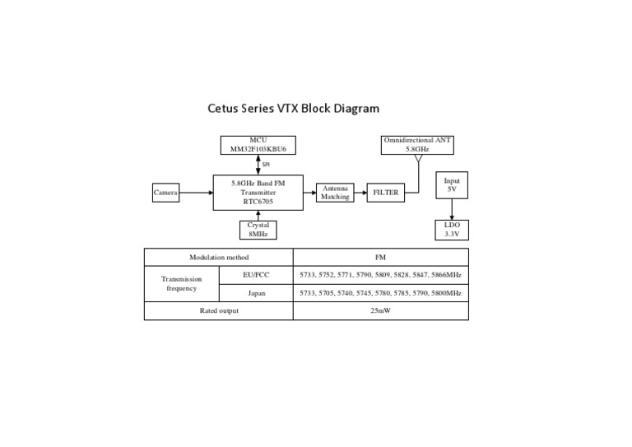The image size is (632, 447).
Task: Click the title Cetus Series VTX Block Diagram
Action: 293,108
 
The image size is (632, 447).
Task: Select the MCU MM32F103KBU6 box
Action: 258,145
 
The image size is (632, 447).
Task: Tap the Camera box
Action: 165,193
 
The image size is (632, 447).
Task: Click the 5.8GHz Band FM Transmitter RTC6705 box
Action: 258,193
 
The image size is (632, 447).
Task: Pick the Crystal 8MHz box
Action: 258,230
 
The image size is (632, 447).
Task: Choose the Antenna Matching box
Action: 335,193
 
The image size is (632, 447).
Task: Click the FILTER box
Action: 385,193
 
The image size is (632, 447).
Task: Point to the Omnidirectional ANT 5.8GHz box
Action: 418,145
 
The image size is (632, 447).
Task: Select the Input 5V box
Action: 451,184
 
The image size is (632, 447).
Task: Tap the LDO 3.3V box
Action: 451,230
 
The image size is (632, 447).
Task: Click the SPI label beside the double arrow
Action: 266,165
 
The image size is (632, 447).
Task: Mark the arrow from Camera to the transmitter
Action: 195,193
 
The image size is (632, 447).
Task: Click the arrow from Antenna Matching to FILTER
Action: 360,193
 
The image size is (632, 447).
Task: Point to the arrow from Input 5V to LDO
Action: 451,208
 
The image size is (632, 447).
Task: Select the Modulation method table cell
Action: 218,257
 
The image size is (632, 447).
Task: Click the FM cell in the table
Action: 380,257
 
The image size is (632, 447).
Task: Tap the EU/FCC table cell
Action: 257,275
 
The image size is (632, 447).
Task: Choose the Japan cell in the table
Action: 257,293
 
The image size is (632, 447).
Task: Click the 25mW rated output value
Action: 380,311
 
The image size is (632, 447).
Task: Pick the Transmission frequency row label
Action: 182,284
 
